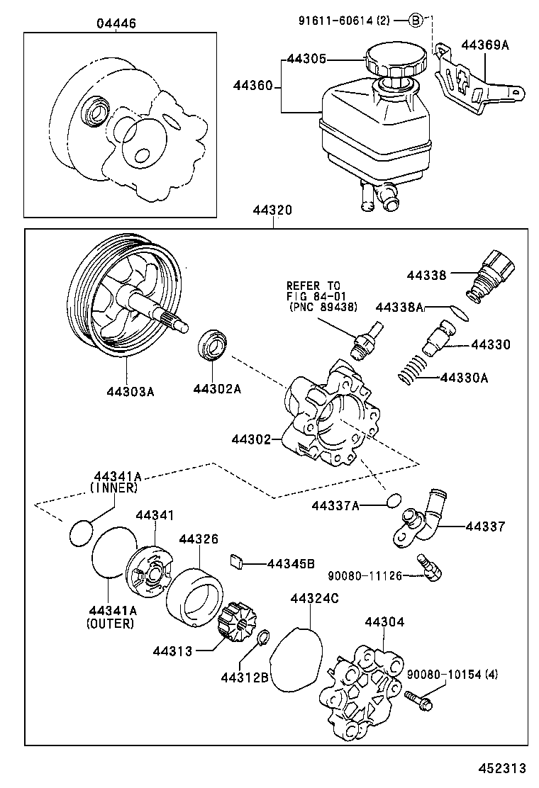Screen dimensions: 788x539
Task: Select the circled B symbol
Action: point(416,21)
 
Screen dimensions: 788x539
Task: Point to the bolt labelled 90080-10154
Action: point(420,701)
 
